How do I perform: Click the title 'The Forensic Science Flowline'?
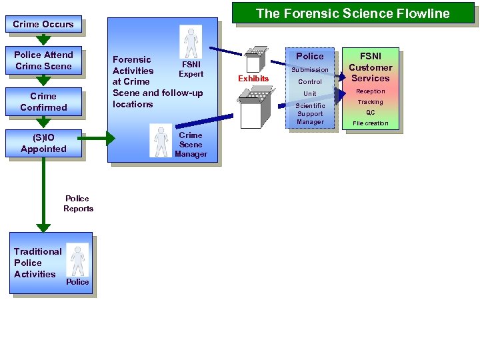(353, 13)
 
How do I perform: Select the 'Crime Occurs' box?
(43, 24)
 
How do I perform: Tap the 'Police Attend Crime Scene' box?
(43, 60)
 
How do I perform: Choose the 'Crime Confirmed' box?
(43, 101)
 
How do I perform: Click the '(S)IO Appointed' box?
(43, 143)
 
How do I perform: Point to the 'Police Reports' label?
(78, 203)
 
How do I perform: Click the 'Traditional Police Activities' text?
(37, 263)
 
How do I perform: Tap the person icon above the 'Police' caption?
(79, 259)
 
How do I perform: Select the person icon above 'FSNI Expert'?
(191, 42)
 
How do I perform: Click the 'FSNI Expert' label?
(191, 69)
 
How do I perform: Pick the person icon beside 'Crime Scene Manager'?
(161, 141)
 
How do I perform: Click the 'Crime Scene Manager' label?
(191, 145)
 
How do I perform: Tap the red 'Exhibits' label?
(253, 79)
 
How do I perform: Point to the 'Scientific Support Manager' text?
(310, 114)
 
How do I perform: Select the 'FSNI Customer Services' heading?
(371, 67)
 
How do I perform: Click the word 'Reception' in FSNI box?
(371, 91)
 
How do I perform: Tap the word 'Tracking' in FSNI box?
(371, 102)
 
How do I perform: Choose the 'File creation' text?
(371, 123)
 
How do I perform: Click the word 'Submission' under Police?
(310, 70)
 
